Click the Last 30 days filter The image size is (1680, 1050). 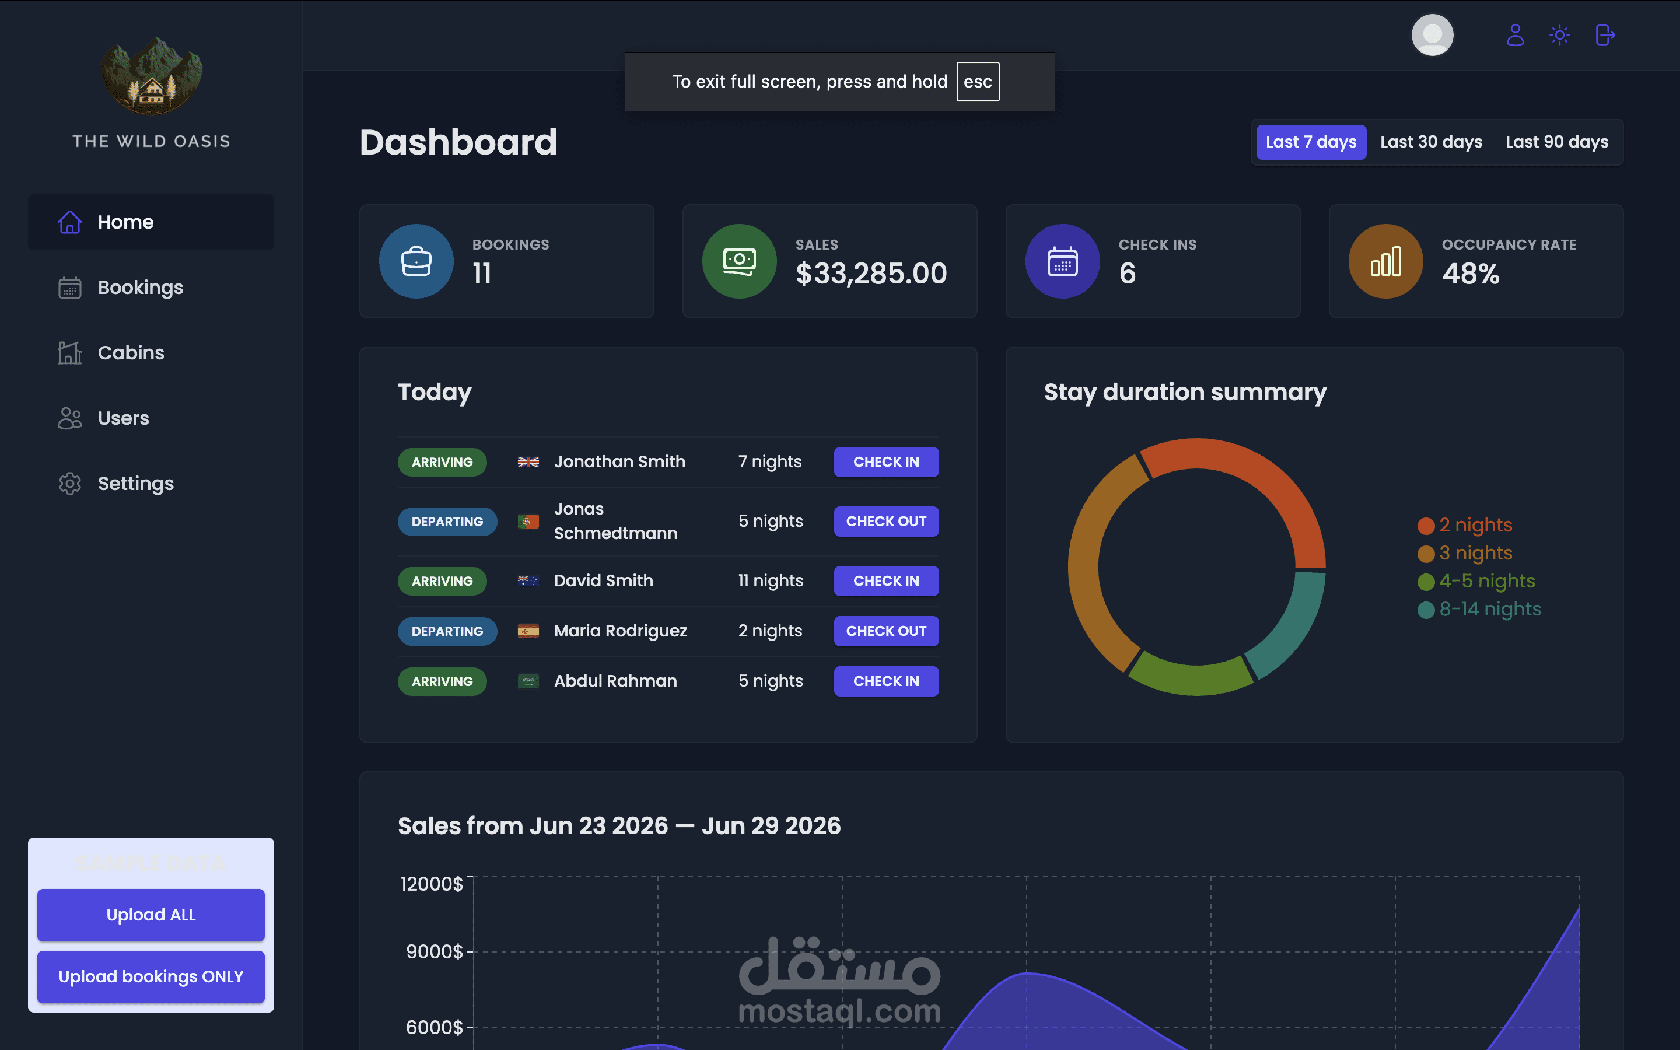1431,142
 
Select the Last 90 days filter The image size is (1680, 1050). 1556,142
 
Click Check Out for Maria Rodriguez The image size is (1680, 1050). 886,631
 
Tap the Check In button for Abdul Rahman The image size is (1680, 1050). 886,681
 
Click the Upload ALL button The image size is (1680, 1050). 150,915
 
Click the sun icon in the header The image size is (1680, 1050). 1559,35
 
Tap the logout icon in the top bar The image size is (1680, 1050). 1605,35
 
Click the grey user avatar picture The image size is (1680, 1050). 1432,35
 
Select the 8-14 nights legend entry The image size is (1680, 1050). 1479,609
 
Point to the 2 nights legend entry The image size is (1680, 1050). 1464,525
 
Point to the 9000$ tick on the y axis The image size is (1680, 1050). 435,951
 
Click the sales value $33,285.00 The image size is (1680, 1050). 871,274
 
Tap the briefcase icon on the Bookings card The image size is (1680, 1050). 416,261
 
